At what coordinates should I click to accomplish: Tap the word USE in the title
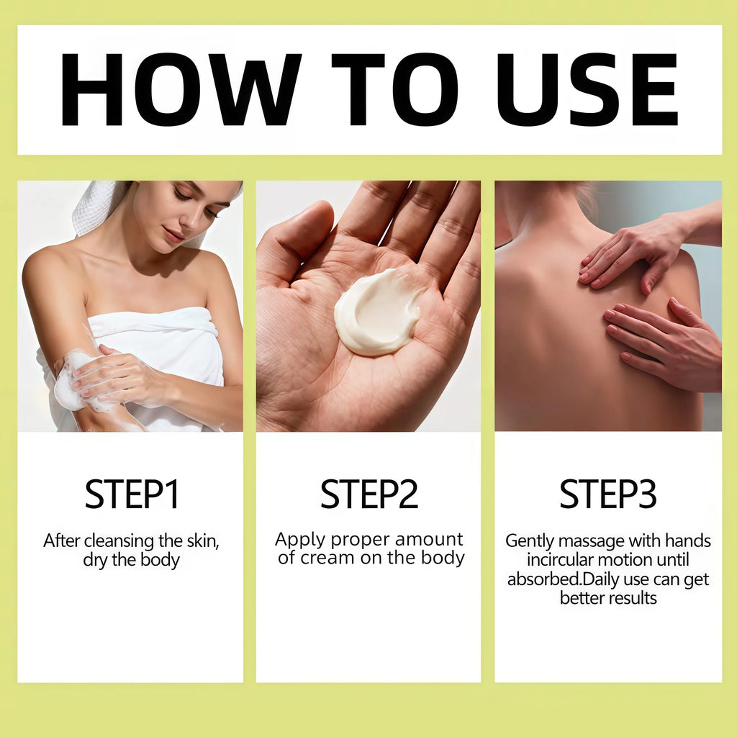(587, 89)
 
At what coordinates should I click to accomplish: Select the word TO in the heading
(395, 89)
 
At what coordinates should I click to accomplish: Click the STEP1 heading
(132, 494)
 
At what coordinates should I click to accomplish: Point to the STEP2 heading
(369, 494)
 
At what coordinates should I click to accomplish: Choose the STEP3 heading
(607, 494)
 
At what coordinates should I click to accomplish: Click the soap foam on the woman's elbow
(71, 381)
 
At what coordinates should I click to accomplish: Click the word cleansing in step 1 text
(119, 541)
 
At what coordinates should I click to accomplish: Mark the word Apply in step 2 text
(300, 540)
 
